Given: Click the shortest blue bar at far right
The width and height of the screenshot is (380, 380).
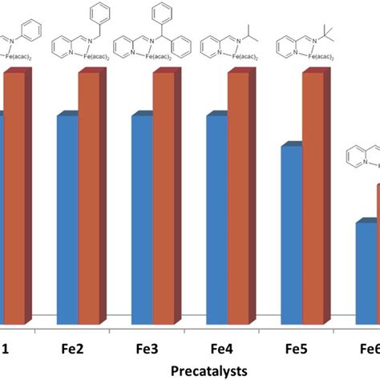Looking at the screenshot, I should click(366, 269).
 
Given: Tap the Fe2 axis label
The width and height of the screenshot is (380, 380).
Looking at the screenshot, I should click(75, 350).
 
